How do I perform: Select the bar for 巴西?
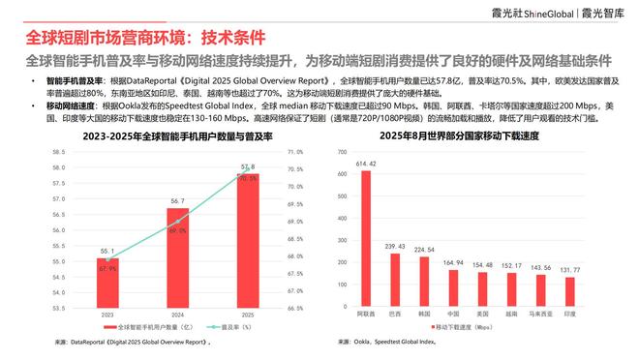[395, 281]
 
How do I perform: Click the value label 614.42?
[366, 165]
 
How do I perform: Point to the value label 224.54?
[424, 249]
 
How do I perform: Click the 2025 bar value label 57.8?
[246, 167]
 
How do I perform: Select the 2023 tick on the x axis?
[106, 315]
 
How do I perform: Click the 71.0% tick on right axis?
[295, 152]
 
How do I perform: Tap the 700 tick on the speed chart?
[342, 152]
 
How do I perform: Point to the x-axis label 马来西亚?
[540, 315]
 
